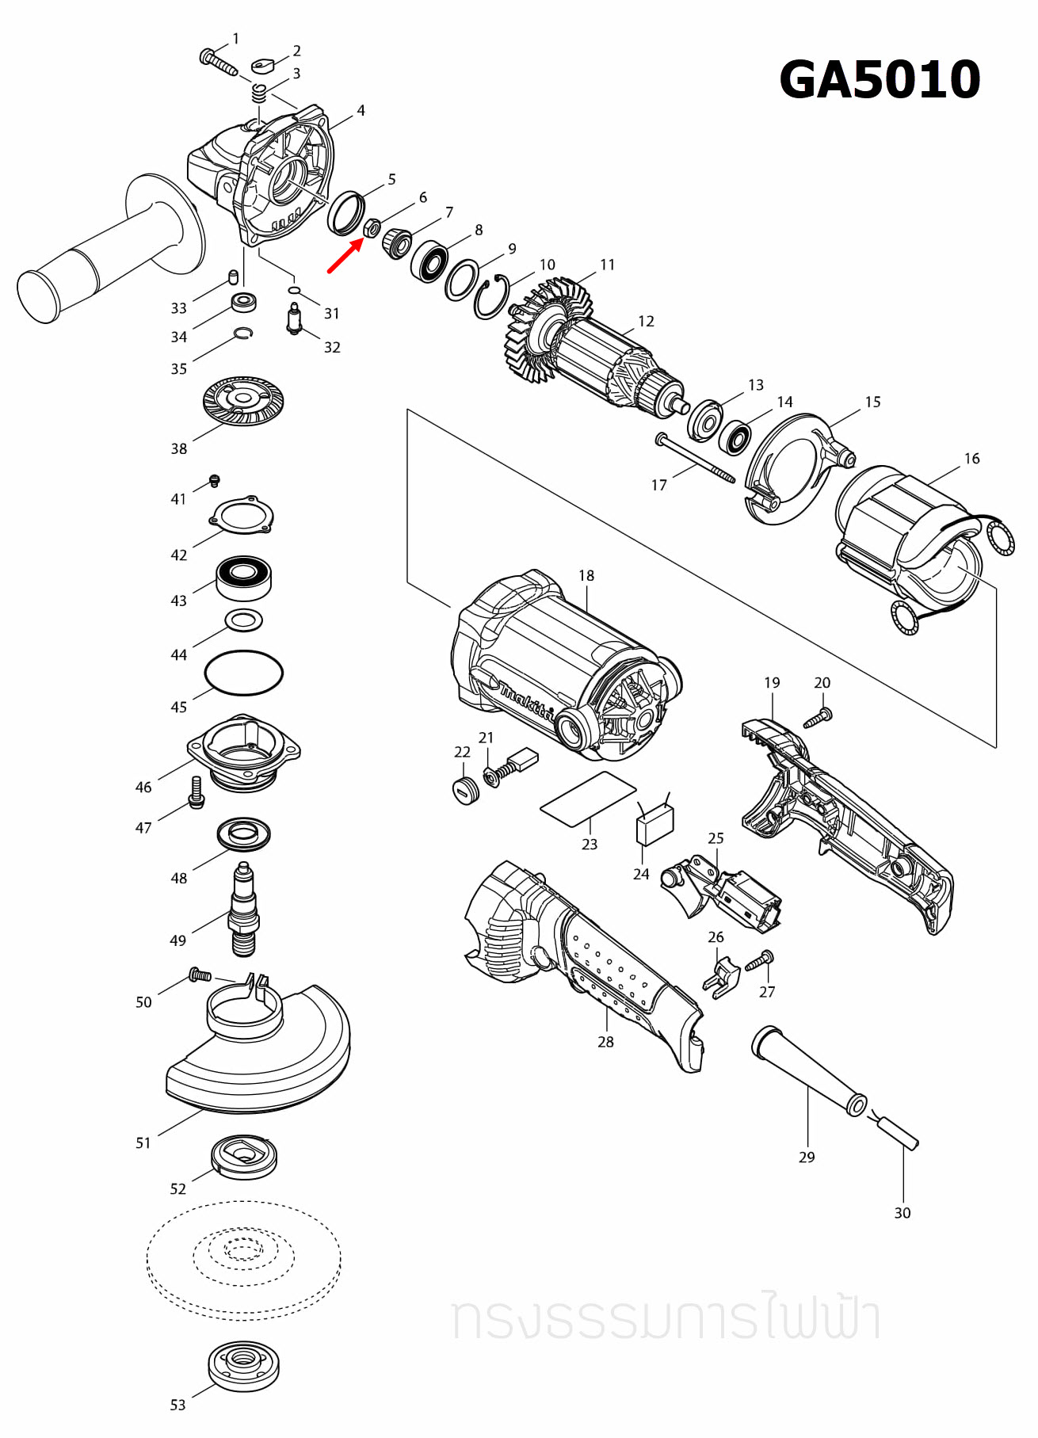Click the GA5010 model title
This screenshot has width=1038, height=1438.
point(880,79)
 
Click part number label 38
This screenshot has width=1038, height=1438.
point(179,448)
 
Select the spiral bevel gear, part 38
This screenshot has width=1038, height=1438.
point(243,401)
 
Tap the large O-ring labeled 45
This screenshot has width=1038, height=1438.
point(243,673)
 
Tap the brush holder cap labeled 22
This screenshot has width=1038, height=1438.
point(465,790)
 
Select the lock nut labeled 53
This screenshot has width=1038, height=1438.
point(243,1364)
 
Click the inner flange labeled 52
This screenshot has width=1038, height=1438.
point(244,1157)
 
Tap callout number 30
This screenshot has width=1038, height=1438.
point(902,1213)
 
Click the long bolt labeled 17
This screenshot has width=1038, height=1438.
point(696,459)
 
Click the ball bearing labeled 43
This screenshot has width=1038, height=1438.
point(244,577)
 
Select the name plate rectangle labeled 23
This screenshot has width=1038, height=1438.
point(588,799)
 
